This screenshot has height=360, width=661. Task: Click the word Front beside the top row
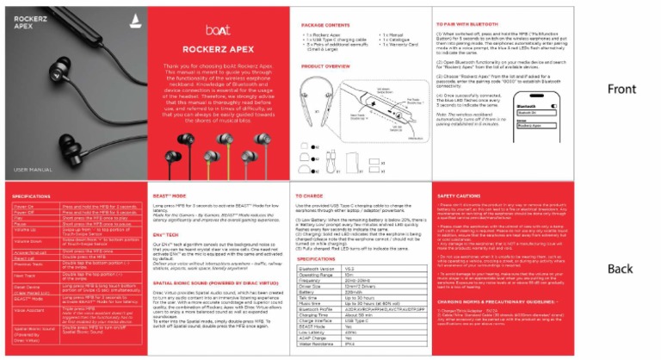[621, 90]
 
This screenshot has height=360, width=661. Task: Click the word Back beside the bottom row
[620, 269]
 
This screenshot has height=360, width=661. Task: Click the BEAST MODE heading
[170, 196]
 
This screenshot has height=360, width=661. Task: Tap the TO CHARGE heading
[309, 196]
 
